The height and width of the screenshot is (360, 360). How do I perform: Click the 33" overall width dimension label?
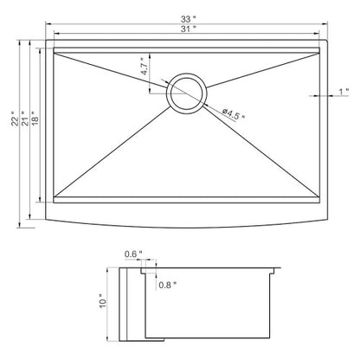tap(188, 19)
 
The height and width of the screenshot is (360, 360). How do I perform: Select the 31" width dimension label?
tap(189, 29)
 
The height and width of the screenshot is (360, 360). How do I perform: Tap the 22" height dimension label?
tap(15, 119)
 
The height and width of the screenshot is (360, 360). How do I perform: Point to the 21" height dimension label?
tap(25, 119)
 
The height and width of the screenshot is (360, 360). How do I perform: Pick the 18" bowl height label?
tap(35, 119)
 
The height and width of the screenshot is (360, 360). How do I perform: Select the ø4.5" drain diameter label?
tap(234, 114)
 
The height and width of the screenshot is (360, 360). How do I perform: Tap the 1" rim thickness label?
tap(344, 92)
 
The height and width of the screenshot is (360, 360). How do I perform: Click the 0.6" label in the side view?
tap(133, 254)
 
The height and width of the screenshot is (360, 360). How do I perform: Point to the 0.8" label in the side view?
tap(167, 285)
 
